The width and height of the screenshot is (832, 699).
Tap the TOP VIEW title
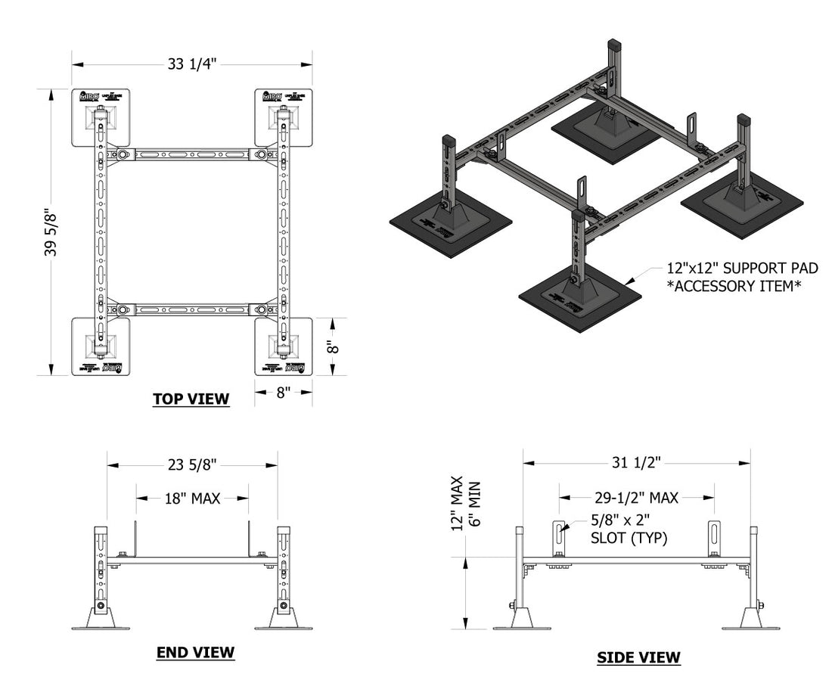click(x=191, y=399)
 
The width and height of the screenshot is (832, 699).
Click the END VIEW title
click(x=195, y=652)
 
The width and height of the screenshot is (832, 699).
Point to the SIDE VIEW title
click(x=638, y=657)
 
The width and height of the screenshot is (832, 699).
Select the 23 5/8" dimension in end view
click(x=192, y=464)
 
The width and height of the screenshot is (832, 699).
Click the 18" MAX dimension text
click(x=192, y=498)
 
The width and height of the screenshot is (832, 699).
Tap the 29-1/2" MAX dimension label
click(x=635, y=497)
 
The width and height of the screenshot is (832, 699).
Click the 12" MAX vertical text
click(x=456, y=504)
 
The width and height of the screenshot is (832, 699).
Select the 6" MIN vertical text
click(x=474, y=504)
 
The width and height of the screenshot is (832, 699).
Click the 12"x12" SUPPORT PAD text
click(x=742, y=269)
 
